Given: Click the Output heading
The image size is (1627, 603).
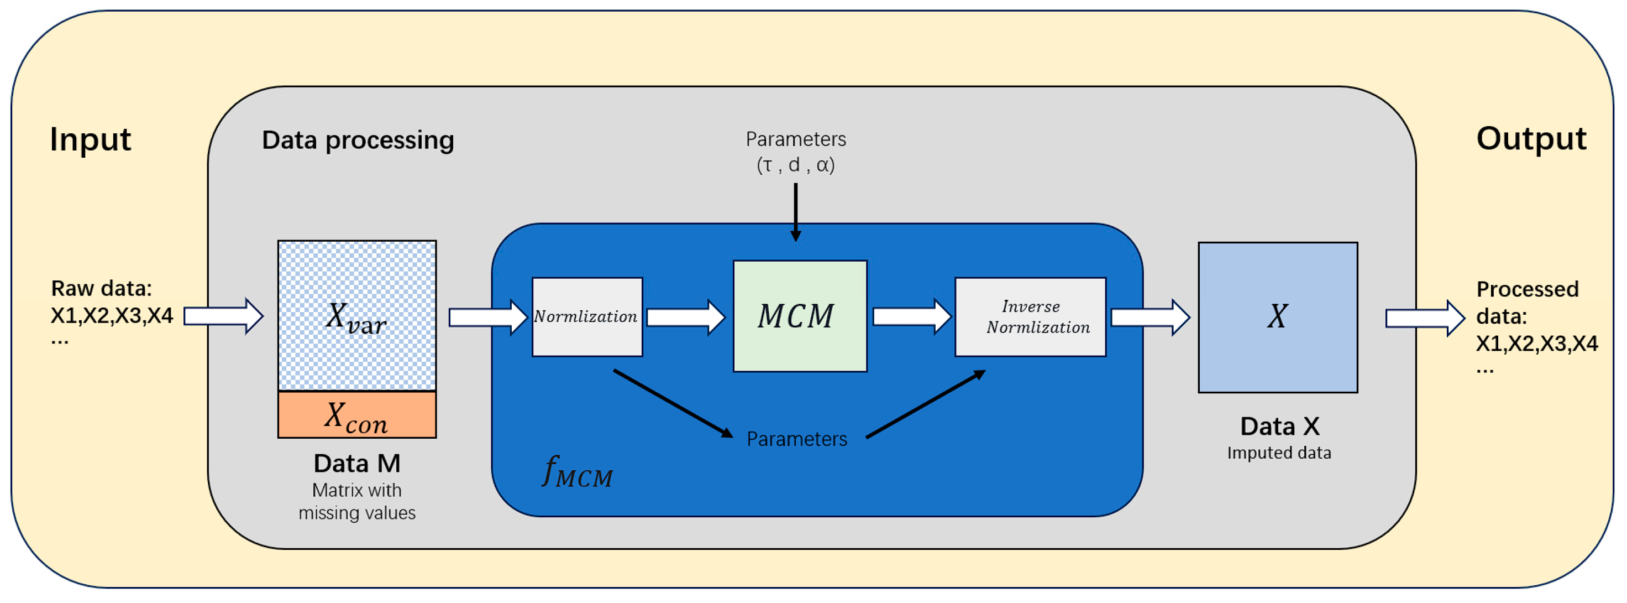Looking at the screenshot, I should coord(1530,139).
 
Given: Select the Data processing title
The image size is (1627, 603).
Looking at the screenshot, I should coord(358,141).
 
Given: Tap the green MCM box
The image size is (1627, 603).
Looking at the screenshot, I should coord(800,316).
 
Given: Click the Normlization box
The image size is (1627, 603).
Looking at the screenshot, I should coord(587,316).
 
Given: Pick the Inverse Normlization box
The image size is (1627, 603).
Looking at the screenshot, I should coord(1030,316).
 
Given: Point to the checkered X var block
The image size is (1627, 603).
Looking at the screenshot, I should coord(357,316).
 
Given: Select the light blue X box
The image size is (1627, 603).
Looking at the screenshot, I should coord(1277,318).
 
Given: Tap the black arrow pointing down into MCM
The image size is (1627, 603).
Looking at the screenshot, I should coord(796,212).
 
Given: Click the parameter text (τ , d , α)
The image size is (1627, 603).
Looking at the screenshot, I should coord(796,165).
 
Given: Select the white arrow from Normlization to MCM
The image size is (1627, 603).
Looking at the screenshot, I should coord(686,316).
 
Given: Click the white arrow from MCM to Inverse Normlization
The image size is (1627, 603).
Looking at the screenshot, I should coord(911,316).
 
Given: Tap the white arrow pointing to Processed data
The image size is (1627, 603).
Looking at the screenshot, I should coord(1424,318).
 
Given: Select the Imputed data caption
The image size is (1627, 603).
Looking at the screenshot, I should coord(1278,453).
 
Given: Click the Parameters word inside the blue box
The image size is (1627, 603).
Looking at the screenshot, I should coord(796,439).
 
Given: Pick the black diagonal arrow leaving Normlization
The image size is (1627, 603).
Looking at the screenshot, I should coord(673,404).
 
